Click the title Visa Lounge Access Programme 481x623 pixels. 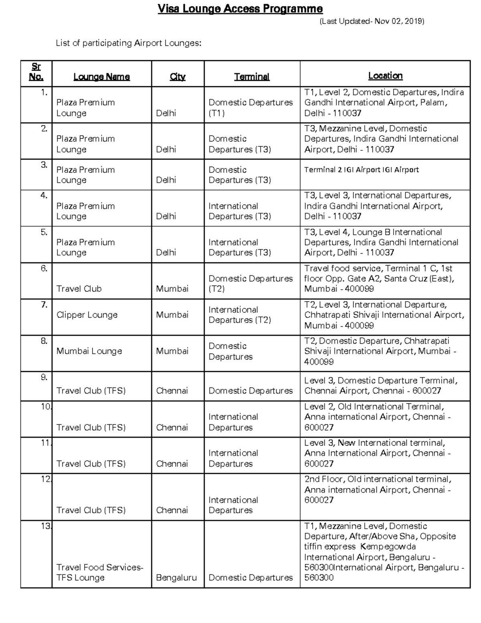(x=240, y=9)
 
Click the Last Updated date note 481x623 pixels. (x=372, y=21)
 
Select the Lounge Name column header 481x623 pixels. (x=101, y=77)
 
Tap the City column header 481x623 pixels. (x=178, y=77)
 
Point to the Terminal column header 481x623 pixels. (x=252, y=77)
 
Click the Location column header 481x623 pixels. (x=385, y=75)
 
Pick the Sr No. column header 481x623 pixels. (x=36, y=72)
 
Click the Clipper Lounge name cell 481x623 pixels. (x=87, y=315)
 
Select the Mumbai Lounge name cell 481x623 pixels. (x=89, y=351)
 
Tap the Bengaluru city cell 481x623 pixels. (x=176, y=578)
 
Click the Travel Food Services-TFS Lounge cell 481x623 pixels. (x=99, y=572)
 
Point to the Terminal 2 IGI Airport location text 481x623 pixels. (x=361, y=170)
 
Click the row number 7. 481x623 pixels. (x=44, y=305)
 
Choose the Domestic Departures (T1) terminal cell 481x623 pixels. (x=251, y=108)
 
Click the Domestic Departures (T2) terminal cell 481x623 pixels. (x=251, y=284)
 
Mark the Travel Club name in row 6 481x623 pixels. (x=79, y=289)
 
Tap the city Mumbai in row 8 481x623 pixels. (x=172, y=351)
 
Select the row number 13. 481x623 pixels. (x=46, y=526)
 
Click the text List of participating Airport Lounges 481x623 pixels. (x=128, y=43)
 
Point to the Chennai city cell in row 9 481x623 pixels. (x=172, y=391)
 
